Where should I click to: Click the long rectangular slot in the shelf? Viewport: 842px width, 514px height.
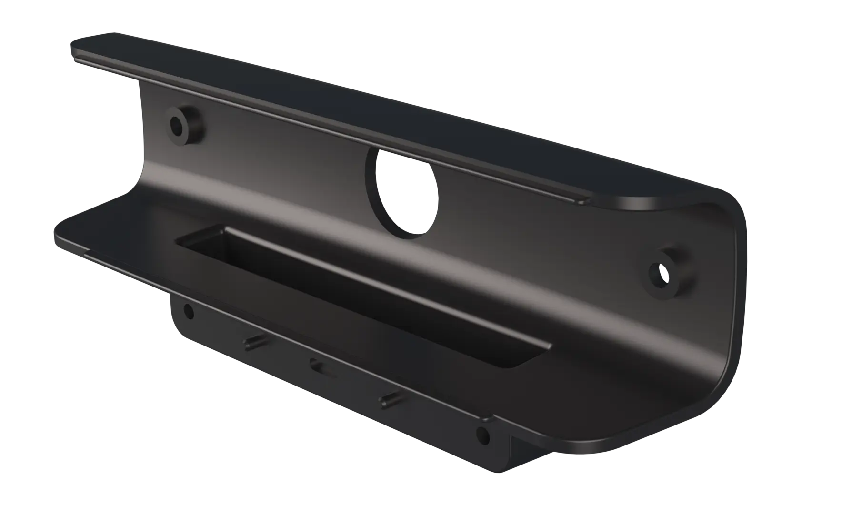(x=362, y=295)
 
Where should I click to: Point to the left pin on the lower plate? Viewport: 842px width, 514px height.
(x=253, y=342)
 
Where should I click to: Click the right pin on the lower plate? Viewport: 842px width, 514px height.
(x=388, y=401)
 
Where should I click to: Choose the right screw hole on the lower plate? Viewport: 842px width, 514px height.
(x=482, y=434)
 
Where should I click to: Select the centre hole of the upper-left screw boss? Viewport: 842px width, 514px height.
(x=178, y=125)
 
